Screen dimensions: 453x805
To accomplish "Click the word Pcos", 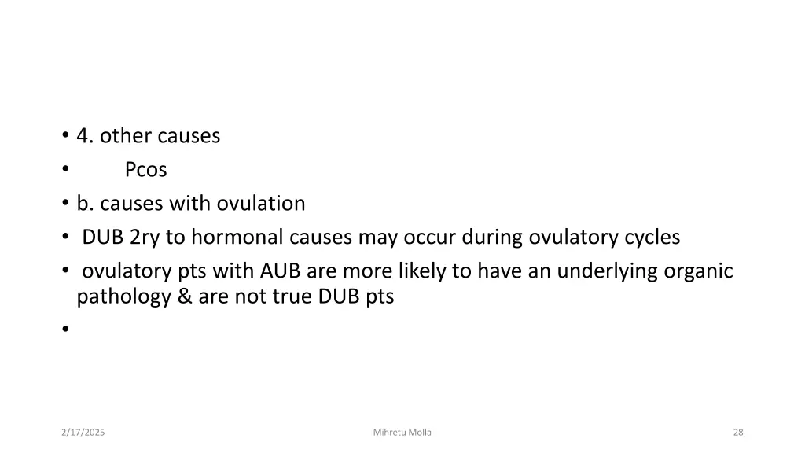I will click(x=145, y=170).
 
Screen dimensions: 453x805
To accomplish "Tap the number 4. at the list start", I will click(x=86, y=136).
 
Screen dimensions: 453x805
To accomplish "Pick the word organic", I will click(x=699, y=271).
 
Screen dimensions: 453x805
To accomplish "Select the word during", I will click(x=492, y=238).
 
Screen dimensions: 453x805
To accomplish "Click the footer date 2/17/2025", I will click(x=83, y=433).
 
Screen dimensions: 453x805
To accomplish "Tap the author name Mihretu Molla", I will click(x=402, y=433).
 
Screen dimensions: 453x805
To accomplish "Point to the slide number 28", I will click(x=737, y=433).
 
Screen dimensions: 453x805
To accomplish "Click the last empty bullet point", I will click(x=63, y=330).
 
